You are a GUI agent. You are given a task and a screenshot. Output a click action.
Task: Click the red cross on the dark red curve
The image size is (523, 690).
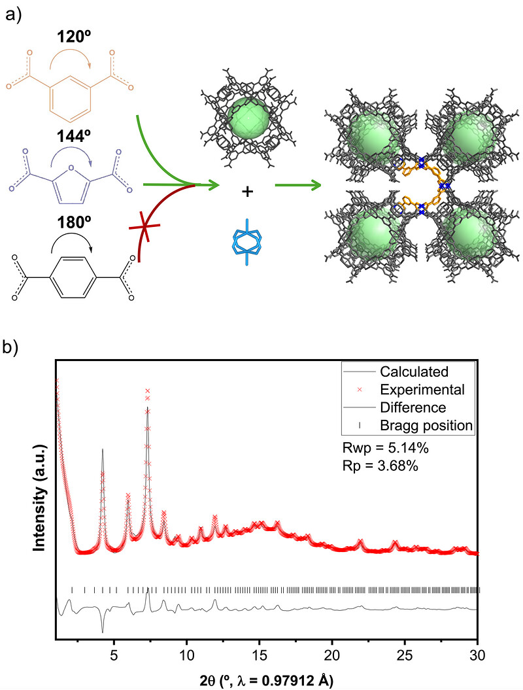[x=144, y=227]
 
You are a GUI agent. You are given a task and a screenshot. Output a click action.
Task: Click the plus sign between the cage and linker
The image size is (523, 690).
[x=248, y=192]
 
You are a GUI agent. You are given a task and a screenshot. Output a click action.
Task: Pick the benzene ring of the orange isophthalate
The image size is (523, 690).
[x=71, y=99]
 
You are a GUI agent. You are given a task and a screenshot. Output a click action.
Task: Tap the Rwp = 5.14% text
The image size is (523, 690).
[x=385, y=448]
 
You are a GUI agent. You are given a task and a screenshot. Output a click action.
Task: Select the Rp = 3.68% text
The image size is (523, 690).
[x=380, y=466]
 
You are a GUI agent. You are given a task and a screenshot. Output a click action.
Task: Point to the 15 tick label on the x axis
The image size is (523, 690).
[x=260, y=655]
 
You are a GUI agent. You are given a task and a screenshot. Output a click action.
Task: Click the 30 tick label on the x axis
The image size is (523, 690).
[x=477, y=655]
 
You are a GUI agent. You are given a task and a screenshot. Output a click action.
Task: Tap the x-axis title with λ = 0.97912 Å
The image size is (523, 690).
[x=266, y=680]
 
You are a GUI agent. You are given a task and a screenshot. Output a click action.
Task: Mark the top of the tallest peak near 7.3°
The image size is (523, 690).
[x=148, y=390]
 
